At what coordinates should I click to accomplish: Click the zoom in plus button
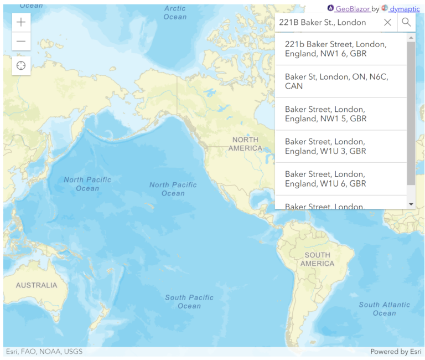[x=21, y=22]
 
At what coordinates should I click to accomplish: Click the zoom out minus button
[x=21, y=41]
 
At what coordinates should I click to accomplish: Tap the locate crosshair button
[x=21, y=66]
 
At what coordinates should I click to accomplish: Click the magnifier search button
[x=406, y=22]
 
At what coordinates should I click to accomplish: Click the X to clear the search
[x=387, y=22]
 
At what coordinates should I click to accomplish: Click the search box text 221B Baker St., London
[x=323, y=22]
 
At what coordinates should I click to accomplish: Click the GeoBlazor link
[x=352, y=8]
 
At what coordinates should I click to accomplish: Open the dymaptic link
[x=405, y=8]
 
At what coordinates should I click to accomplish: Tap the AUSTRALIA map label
[x=37, y=285]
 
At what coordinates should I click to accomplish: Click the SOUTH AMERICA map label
[x=317, y=259]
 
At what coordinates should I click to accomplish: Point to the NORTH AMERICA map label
[x=247, y=144]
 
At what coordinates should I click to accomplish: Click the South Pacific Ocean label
[x=189, y=302]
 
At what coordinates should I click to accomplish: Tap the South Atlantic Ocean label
[x=384, y=308]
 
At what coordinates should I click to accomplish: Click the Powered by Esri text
[x=396, y=352]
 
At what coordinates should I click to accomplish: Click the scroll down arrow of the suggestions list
[x=411, y=204]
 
